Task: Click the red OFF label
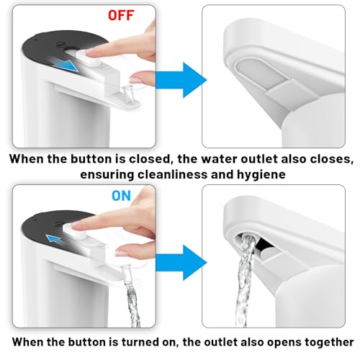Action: [121, 15]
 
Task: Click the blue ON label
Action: [122, 196]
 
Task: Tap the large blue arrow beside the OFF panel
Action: [181, 80]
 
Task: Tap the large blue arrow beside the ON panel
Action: [181, 263]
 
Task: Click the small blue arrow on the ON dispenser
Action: [54, 240]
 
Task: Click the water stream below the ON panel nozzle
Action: [132, 300]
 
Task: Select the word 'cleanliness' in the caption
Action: [172, 174]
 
